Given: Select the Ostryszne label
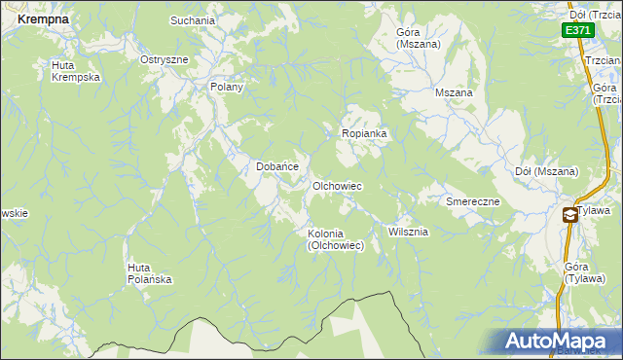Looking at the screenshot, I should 164,59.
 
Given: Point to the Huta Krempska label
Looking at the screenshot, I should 76,71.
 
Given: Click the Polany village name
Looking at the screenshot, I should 227,87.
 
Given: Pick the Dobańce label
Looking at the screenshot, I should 276,166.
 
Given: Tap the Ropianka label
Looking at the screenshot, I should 365,133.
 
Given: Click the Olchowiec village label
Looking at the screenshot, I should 337,185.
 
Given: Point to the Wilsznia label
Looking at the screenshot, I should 408,233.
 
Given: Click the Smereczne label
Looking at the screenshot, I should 473,201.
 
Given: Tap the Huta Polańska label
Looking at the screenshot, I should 150,273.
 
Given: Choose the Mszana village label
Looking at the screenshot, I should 454,92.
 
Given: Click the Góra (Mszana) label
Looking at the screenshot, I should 419,38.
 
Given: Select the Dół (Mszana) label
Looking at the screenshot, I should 546,172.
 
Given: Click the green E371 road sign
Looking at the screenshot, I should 577,31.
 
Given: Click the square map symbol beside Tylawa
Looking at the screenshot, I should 569,214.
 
